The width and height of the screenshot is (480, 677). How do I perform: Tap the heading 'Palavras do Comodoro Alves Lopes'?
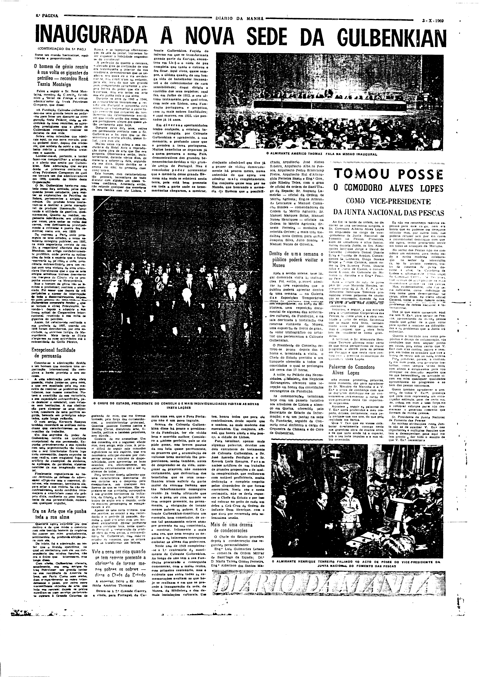tap(352, 370)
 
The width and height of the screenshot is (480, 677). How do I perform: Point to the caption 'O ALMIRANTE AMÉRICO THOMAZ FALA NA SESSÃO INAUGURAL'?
tap(322, 154)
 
